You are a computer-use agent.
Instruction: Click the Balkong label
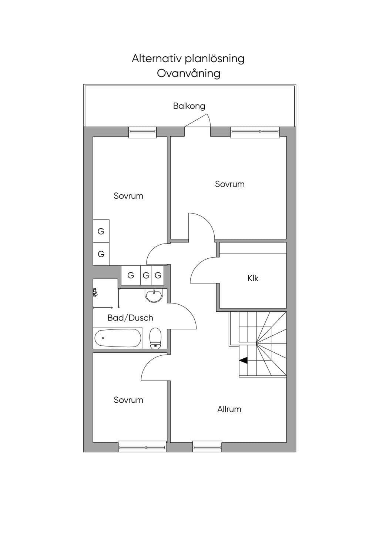(x=189, y=106)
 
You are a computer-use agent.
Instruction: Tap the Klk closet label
(x=253, y=278)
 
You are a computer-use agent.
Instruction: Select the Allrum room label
(x=229, y=409)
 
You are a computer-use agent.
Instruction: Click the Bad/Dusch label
(x=130, y=318)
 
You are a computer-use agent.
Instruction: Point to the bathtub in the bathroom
(x=117, y=338)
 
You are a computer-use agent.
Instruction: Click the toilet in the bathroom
(x=155, y=339)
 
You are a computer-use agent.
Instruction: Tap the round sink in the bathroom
(x=154, y=296)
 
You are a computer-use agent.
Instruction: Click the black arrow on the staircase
(x=243, y=361)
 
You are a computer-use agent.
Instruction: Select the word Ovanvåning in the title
(x=188, y=74)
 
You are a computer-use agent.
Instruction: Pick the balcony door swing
(x=197, y=121)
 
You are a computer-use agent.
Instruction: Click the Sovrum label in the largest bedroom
(x=230, y=184)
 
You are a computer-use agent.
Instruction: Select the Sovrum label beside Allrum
(x=128, y=400)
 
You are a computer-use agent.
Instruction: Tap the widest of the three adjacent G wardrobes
(x=131, y=275)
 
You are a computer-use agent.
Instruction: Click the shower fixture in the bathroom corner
(x=95, y=292)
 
